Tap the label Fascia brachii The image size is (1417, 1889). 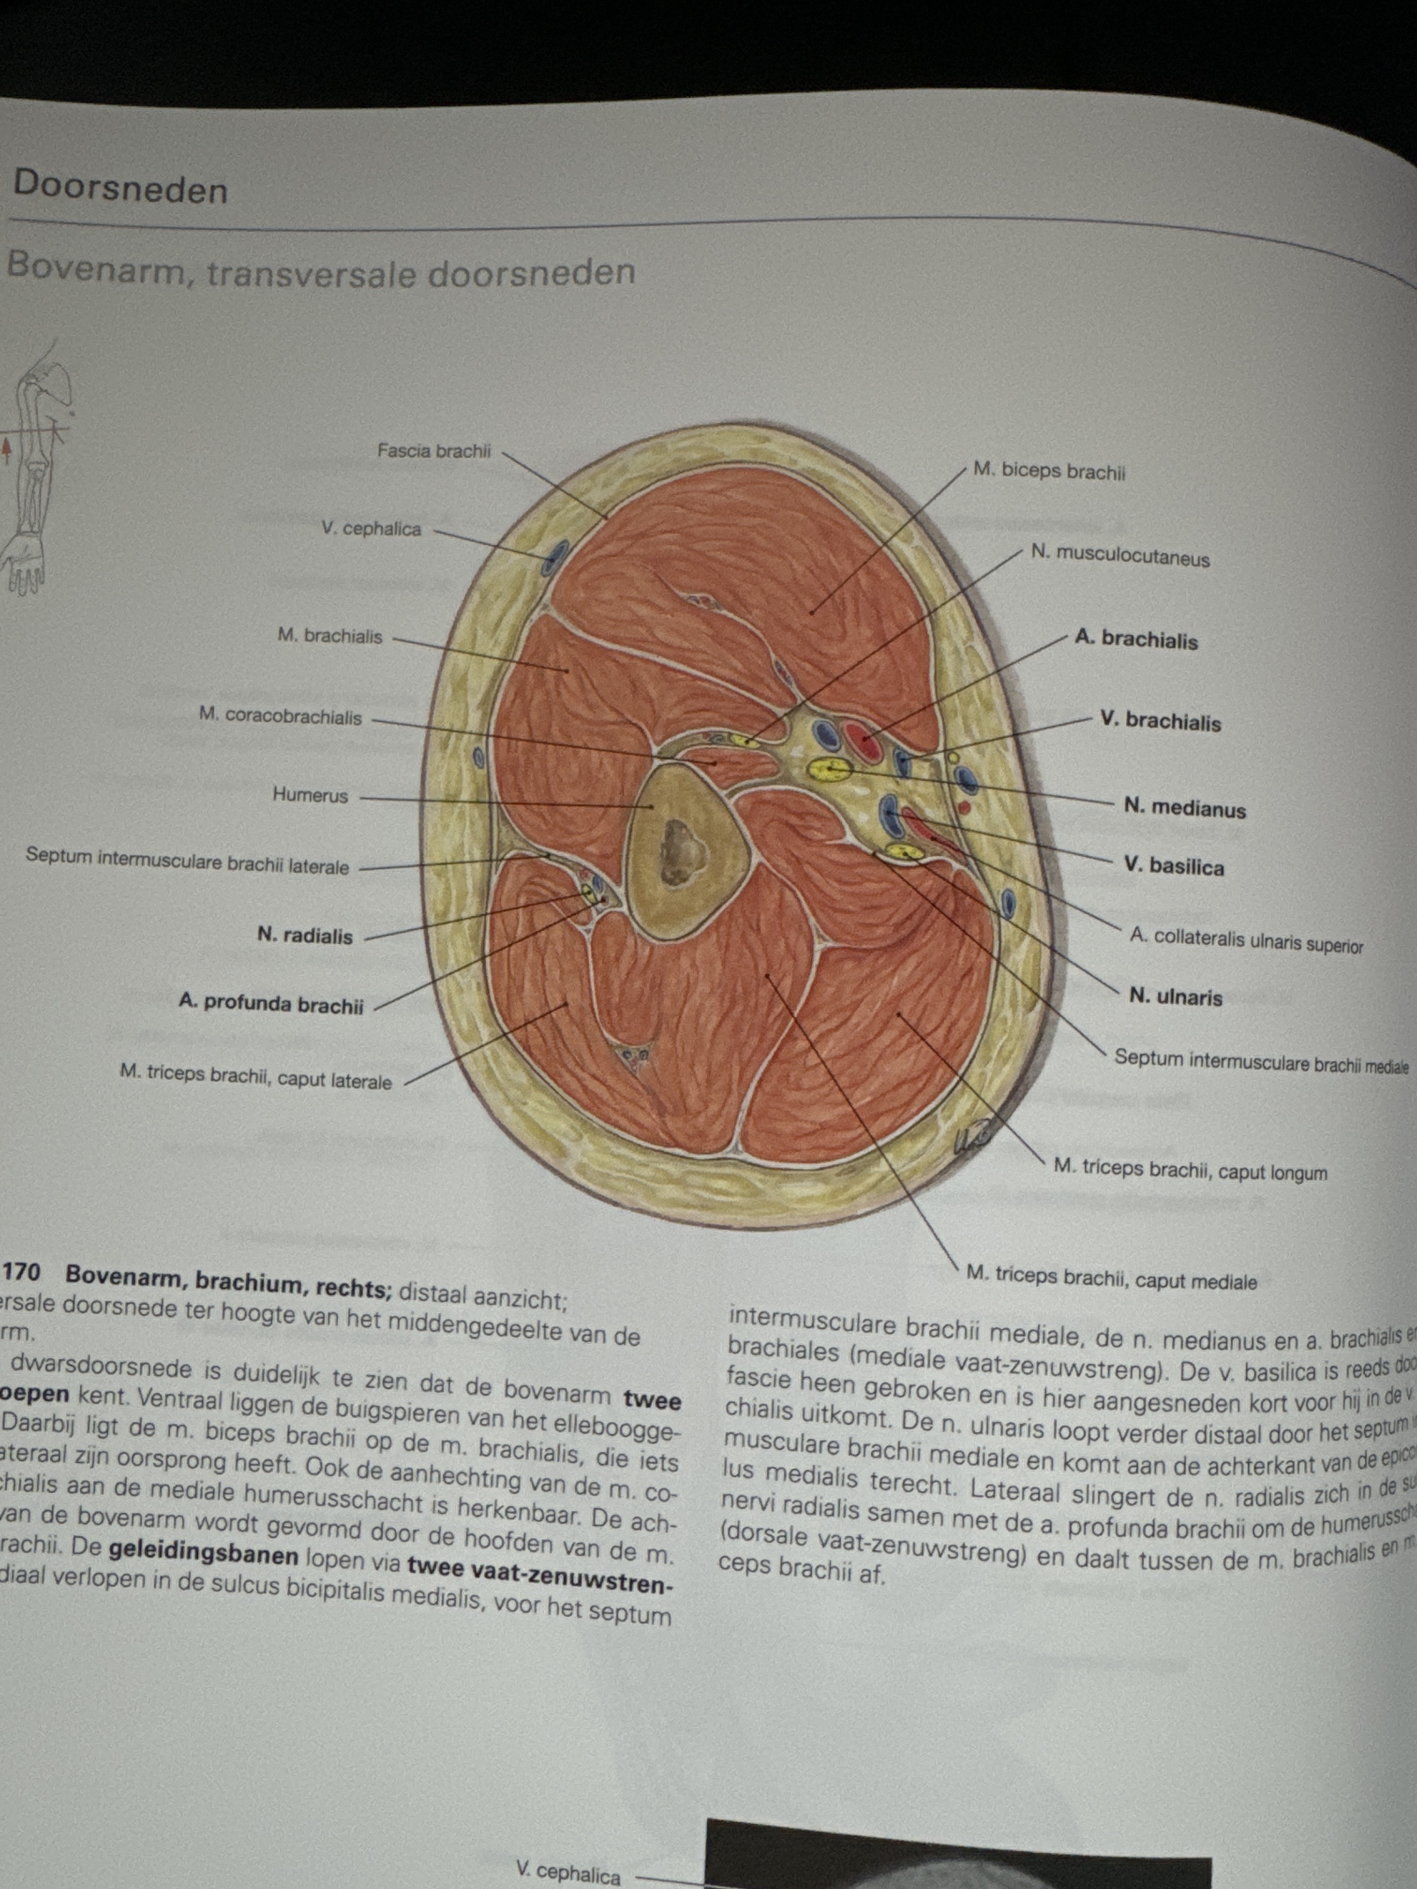tap(434, 451)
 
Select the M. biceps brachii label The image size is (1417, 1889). tap(1049, 471)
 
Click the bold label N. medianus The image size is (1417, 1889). tap(1185, 807)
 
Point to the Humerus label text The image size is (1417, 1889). tap(310, 795)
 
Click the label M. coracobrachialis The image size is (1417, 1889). tap(280, 715)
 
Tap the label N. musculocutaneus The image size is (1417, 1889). tap(1120, 556)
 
